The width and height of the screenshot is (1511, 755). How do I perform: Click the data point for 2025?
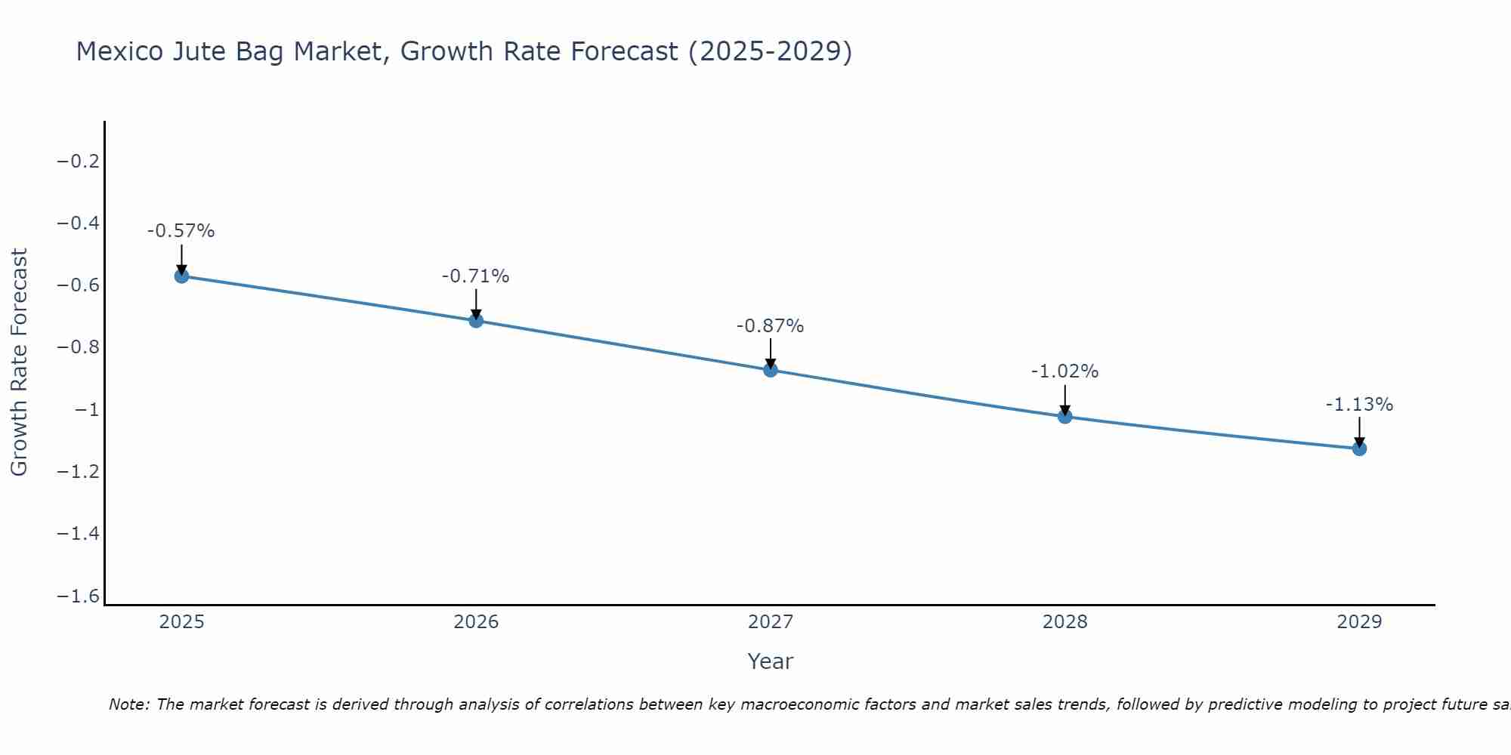[x=181, y=276]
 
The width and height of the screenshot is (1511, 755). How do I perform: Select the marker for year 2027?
[x=771, y=370]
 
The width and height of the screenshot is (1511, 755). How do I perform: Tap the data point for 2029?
[x=1359, y=448]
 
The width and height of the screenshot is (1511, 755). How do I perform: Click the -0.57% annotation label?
[x=181, y=231]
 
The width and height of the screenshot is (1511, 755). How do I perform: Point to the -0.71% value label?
[x=475, y=276]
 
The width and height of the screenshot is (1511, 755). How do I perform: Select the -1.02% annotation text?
[x=1064, y=371]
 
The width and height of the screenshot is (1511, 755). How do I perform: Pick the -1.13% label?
[x=1359, y=405]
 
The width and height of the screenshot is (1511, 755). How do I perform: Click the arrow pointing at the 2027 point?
[x=771, y=353]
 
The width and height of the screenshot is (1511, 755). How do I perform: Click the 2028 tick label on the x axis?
[x=1064, y=622]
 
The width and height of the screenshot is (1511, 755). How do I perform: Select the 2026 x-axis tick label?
[x=476, y=622]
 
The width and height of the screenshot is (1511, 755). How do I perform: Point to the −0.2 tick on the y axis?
[x=79, y=162]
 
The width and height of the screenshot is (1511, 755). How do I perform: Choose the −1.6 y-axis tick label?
[x=79, y=596]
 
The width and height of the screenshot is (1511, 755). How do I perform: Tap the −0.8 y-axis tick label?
[x=79, y=347]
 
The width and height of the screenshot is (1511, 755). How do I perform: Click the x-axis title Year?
[x=770, y=661]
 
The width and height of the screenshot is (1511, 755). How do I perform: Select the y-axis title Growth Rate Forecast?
[x=19, y=362]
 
